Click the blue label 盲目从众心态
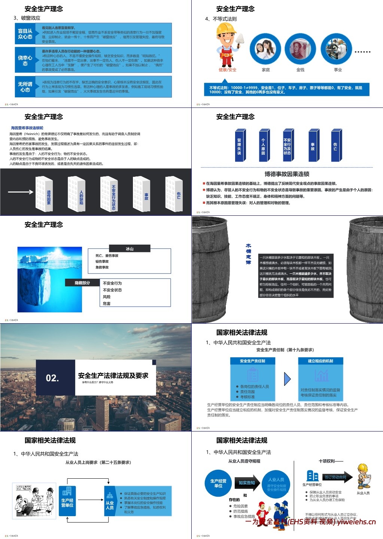coord(25,34)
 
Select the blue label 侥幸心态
coord(25,60)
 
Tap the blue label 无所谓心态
coord(25,87)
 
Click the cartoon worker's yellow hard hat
coord(226,29)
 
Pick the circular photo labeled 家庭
coord(265,49)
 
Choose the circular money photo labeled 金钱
coord(300,49)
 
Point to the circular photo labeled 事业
coord(337,49)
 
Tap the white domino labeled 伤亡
coord(175,194)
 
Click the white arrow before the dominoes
coord(21,192)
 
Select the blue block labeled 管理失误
coord(240,145)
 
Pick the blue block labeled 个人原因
coord(264,145)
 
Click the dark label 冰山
coord(130,248)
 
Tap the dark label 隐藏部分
coord(82,283)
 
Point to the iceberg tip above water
coord(34,259)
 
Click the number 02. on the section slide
coord(52,378)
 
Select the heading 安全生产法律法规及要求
coord(113,375)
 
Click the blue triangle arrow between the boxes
coord(287,379)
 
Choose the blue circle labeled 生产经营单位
coord(218,483)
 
